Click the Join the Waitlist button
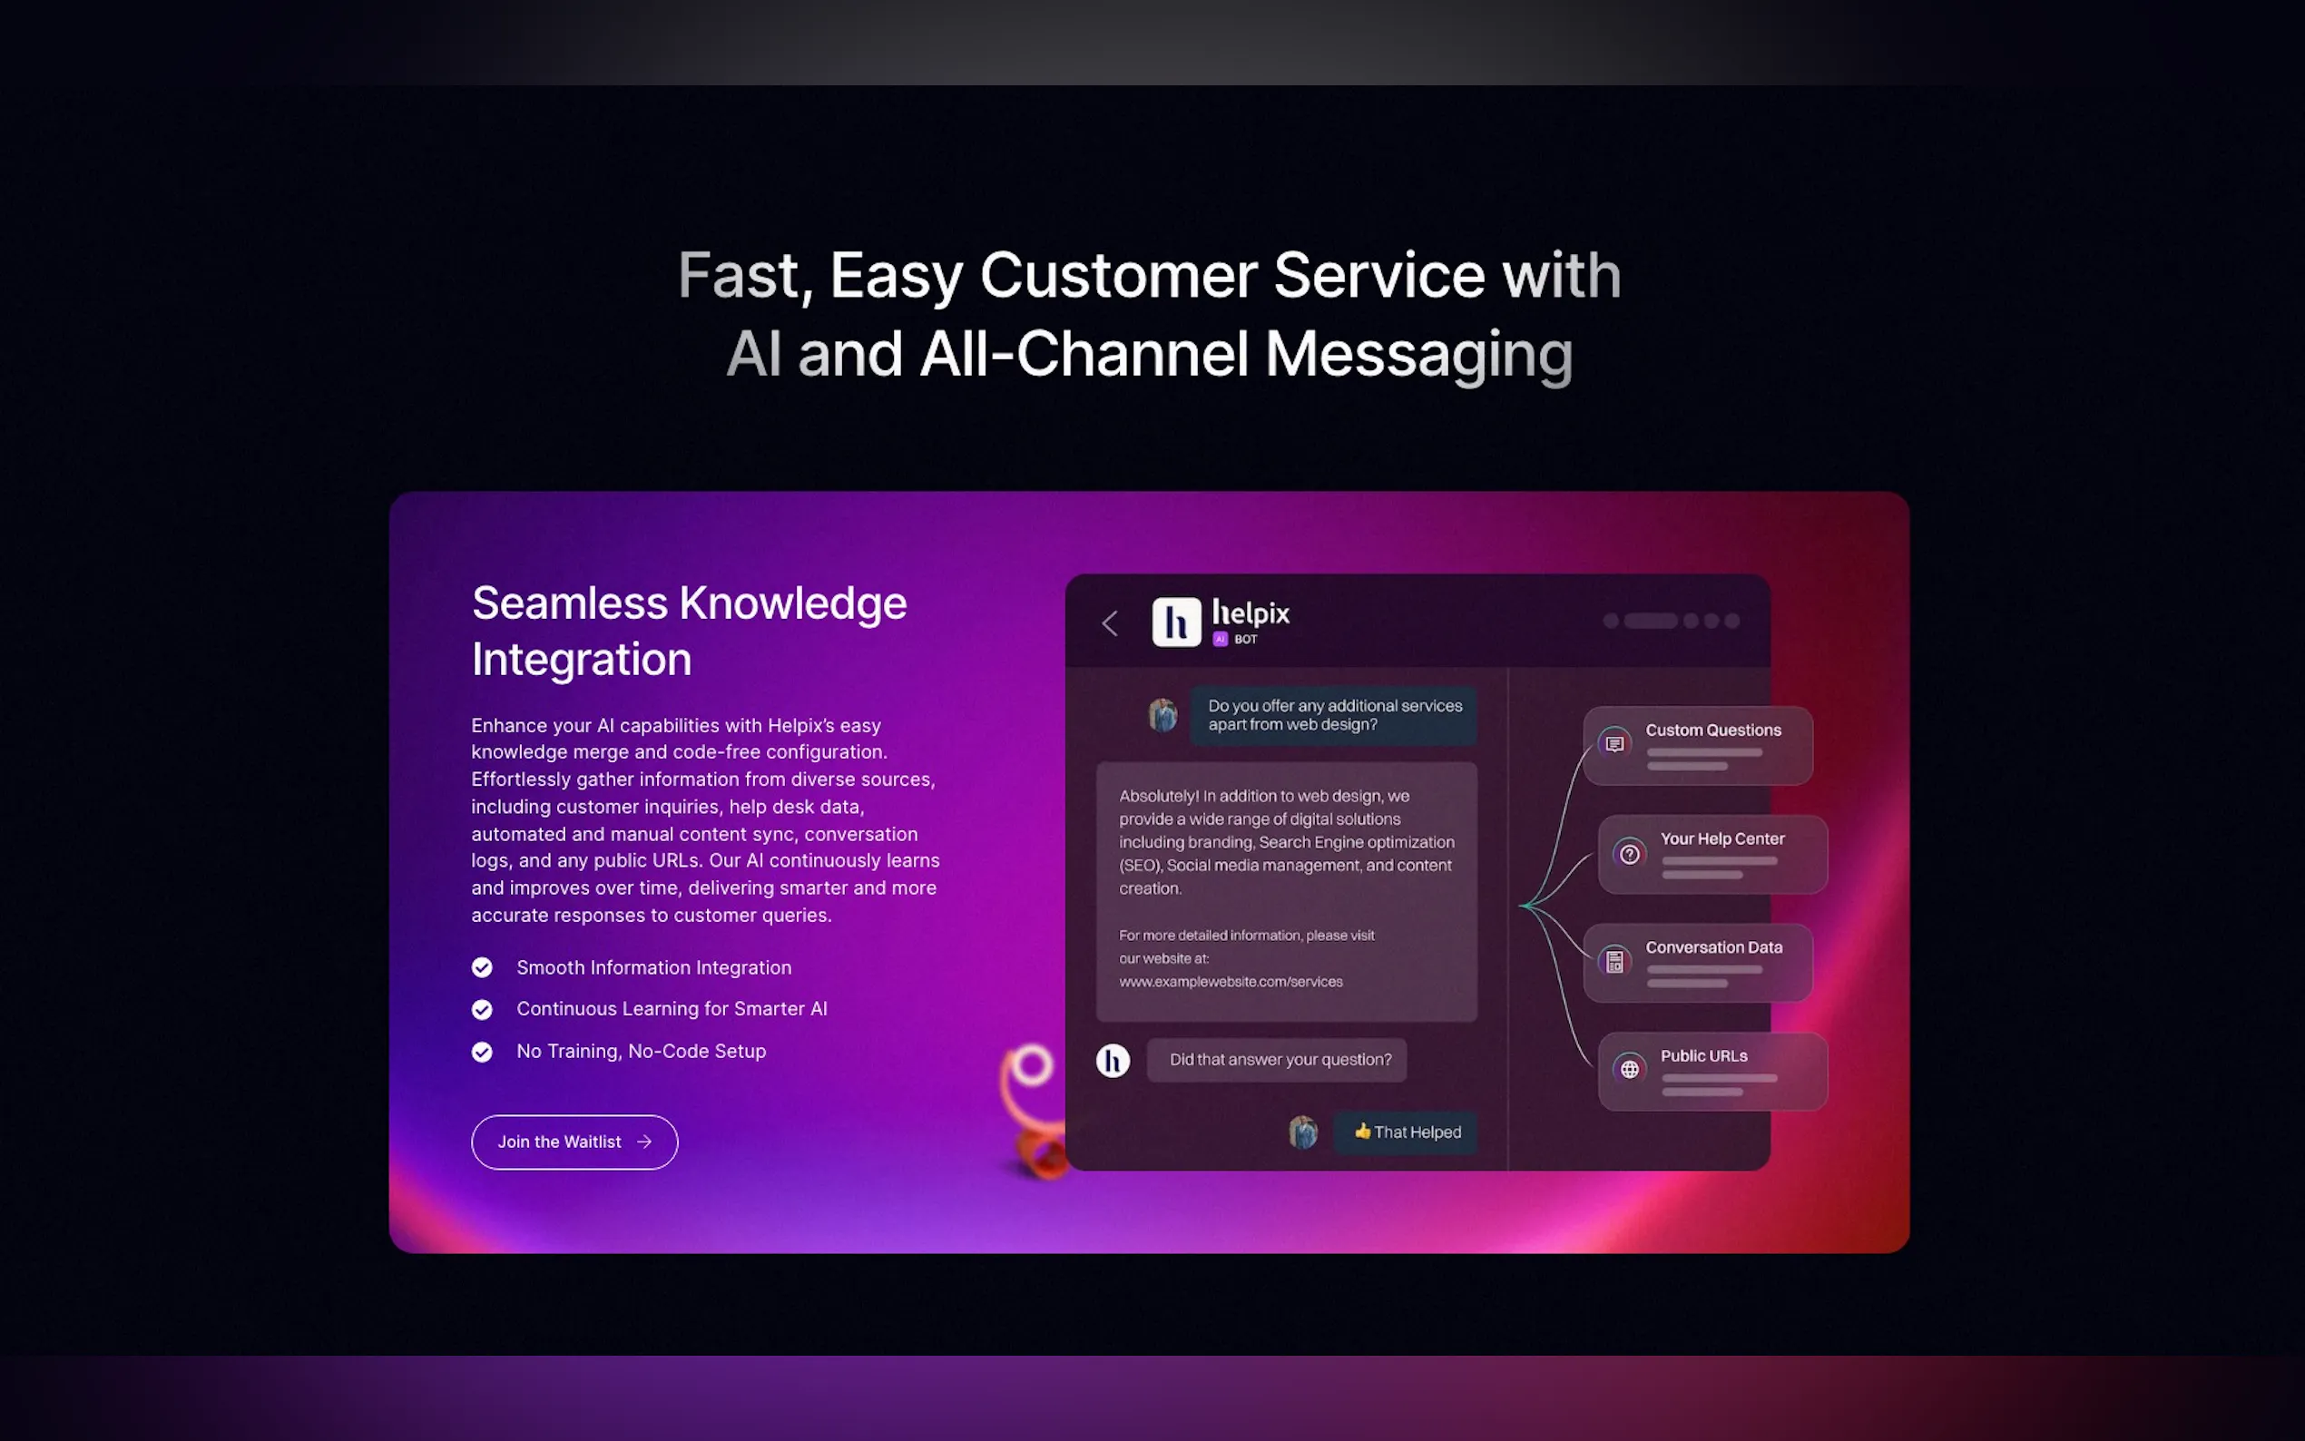coord(574,1142)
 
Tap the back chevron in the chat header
coord(1109,623)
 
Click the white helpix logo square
coord(1176,622)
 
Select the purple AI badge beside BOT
coord(1220,640)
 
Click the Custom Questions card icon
coord(1614,743)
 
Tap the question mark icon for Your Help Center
coord(1630,854)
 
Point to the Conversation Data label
coord(1713,947)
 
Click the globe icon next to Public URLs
coord(1630,1069)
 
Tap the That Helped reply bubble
coord(1407,1132)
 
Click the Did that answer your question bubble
coord(1277,1060)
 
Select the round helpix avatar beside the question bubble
coord(1112,1060)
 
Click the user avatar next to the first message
coord(1162,715)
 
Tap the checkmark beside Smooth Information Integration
coord(482,967)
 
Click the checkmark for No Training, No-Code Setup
coord(482,1051)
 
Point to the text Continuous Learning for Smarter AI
coord(672,1008)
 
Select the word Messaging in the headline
coord(1418,355)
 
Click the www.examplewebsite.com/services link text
coord(1231,982)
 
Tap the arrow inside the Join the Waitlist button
coord(644,1142)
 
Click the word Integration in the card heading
coord(582,660)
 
